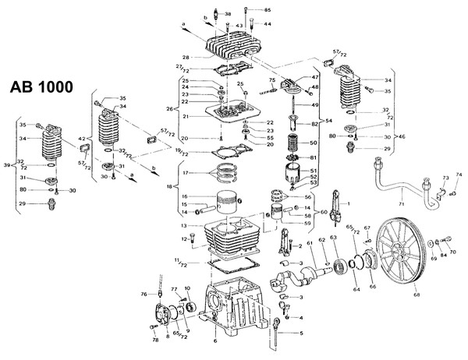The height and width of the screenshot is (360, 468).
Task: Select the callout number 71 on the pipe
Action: pos(401,204)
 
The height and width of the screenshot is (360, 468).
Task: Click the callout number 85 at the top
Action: pos(268,9)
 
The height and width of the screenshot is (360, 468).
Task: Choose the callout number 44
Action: pos(268,24)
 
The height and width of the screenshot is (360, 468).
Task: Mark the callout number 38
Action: pos(227,14)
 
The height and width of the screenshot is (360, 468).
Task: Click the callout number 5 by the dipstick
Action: pos(302,334)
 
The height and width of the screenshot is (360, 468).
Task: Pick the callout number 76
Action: pos(144,294)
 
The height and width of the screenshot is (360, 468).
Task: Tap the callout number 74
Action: pos(459,175)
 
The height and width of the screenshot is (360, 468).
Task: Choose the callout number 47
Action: pos(315,78)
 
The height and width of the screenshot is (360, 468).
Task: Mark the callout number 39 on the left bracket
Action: pos(7,165)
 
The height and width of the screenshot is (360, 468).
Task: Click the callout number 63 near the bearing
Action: pos(333,238)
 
